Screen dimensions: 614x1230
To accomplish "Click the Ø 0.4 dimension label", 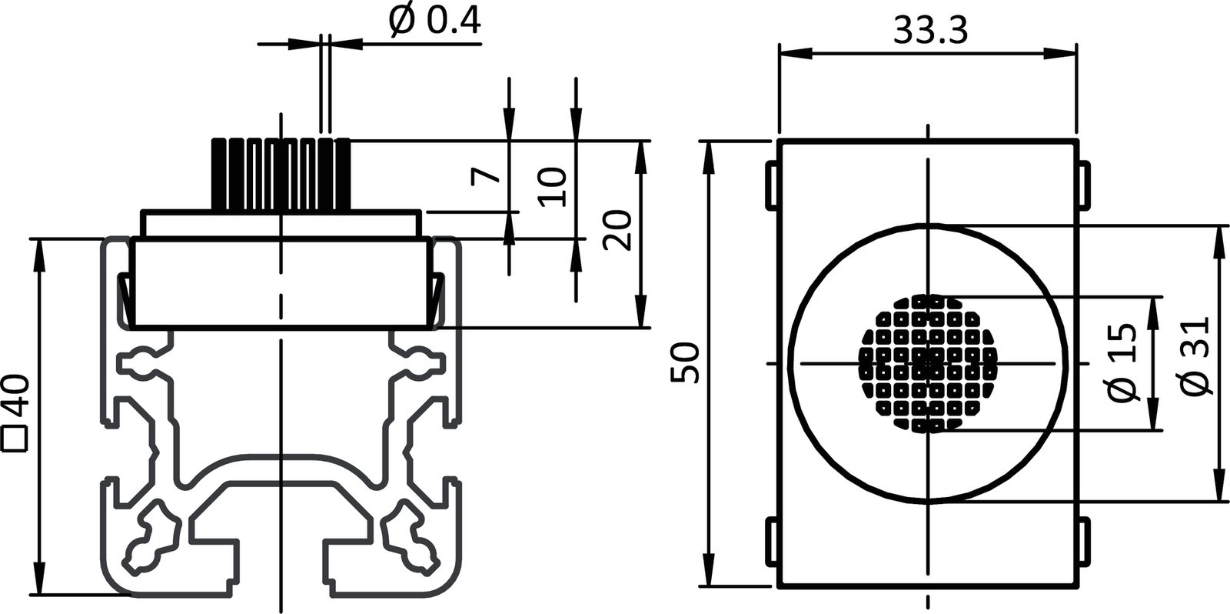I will pyautogui.click(x=435, y=22).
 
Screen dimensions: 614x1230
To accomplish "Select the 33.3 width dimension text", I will pyautogui.click(x=930, y=31).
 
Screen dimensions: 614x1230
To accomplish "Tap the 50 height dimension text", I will pyautogui.click(x=683, y=362).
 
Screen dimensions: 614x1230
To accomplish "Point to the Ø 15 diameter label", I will pyautogui.click(x=1123, y=362).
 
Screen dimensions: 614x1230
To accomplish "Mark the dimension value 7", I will pyautogui.click(x=487, y=175).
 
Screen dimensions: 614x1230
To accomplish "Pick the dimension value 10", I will pyautogui.click(x=553, y=187).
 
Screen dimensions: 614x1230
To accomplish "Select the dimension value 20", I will pyautogui.click(x=618, y=229).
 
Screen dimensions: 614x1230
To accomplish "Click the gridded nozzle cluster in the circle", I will pyautogui.click(x=929, y=362).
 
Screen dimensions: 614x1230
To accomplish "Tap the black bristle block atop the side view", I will pyautogui.click(x=281, y=174).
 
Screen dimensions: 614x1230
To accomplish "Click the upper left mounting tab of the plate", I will pyautogui.click(x=770, y=184).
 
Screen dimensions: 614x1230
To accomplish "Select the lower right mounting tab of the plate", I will pyautogui.click(x=1084, y=542).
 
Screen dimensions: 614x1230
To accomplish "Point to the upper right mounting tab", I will pyautogui.click(x=1084, y=184).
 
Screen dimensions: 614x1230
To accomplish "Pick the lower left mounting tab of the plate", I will pyautogui.click(x=770, y=542).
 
